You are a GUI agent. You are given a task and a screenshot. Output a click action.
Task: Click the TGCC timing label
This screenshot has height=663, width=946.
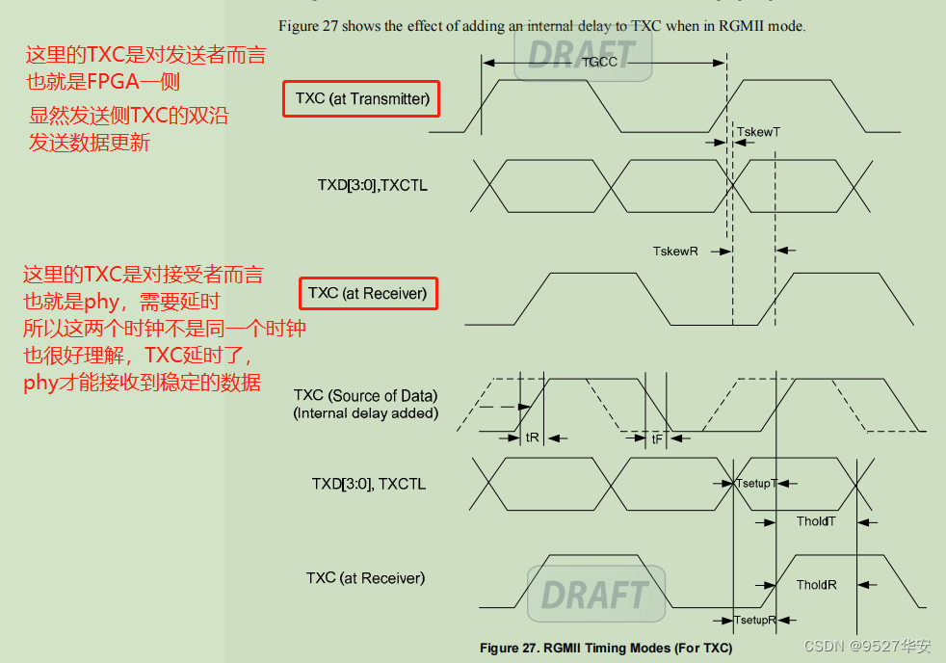click(x=599, y=63)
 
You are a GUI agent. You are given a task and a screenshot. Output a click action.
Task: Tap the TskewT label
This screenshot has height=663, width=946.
click(x=758, y=131)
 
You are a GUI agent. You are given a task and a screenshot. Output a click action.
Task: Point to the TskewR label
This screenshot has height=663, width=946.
click(x=674, y=251)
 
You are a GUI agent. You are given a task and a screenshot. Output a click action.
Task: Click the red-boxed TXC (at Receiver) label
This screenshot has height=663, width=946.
click(x=367, y=292)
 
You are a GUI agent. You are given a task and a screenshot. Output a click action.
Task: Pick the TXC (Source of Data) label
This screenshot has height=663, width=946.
click(x=365, y=395)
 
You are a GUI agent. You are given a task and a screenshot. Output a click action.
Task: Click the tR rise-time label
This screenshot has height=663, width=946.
click(x=532, y=437)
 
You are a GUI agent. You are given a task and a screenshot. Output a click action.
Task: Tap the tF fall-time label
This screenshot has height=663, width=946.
click(x=657, y=438)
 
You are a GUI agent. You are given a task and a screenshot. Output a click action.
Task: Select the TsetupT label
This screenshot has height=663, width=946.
click(x=755, y=483)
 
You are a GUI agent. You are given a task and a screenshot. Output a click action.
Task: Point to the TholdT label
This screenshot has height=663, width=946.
click(x=816, y=521)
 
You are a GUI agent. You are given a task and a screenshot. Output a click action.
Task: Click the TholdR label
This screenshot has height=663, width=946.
click(x=816, y=585)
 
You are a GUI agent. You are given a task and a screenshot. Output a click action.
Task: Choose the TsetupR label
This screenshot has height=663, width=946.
click(x=754, y=621)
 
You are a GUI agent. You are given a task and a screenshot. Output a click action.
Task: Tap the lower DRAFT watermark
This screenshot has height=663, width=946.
click(x=594, y=595)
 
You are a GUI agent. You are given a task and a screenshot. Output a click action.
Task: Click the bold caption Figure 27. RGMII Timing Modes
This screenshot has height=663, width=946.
click(x=605, y=648)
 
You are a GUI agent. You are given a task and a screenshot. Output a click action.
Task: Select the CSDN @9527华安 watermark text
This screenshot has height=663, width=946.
click(x=867, y=646)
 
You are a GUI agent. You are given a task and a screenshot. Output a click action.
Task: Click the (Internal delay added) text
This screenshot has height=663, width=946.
click(x=366, y=413)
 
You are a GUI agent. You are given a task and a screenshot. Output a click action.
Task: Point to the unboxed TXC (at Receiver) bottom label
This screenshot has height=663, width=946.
click(x=365, y=578)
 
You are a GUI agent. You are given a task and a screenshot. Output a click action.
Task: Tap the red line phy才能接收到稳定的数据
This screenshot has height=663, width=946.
click(x=142, y=382)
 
